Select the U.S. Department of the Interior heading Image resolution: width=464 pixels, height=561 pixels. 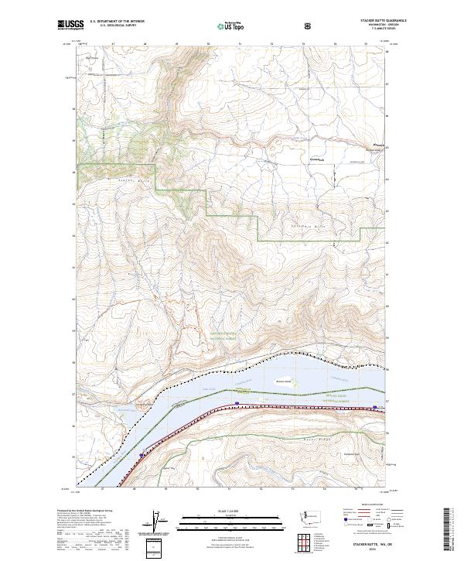coord(117,22)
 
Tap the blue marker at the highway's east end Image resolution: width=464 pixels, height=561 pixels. coord(374,406)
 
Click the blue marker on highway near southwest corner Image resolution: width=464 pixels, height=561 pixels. coord(142,455)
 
